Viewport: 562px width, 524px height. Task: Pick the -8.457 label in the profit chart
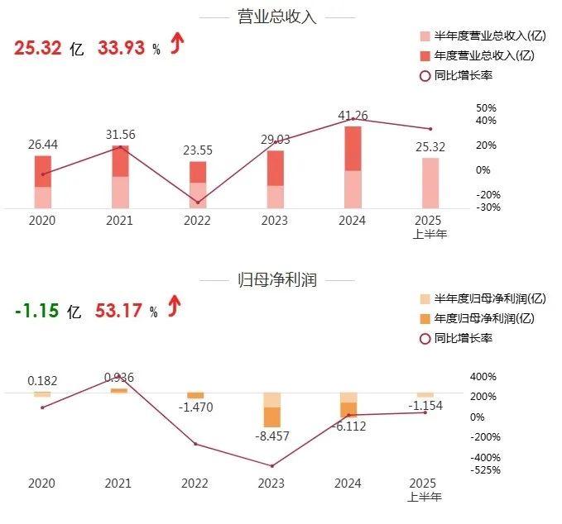pyautogui.click(x=272, y=436)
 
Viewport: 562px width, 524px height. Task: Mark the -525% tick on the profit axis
pyautogui.click(x=485, y=470)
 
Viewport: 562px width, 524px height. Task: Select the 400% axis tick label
pyautogui.click(x=483, y=376)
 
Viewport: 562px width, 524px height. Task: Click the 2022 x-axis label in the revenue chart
pyautogui.click(x=197, y=221)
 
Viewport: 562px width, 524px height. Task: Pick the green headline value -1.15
pyautogui.click(x=36, y=312)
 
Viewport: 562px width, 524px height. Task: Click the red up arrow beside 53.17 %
pyautogui.click(x=175, y=308)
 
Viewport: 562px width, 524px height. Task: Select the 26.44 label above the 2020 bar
pyautogui.click(x=44, y=145)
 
